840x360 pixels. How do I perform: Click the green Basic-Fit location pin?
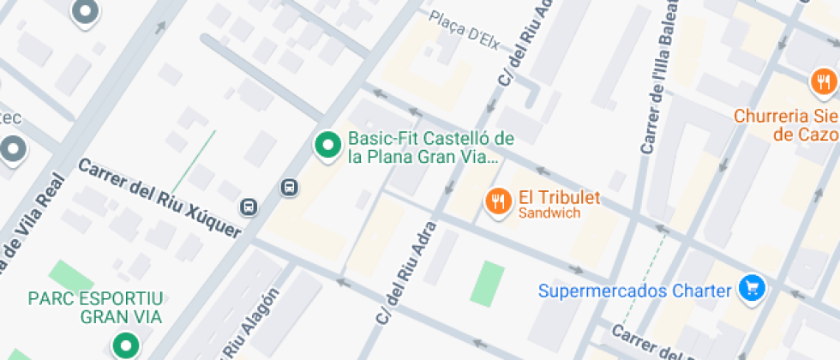pos(327,146)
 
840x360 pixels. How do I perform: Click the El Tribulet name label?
pos(559,198)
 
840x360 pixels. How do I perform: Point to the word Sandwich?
pos(549,213)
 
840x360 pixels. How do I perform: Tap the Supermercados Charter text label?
pos(635,291)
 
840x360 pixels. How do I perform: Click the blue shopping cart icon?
pos(752,289)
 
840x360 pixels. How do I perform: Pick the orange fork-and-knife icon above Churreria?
pos(823,82)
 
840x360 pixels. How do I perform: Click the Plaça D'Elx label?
pos(465,26)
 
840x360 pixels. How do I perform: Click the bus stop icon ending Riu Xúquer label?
pos(249,207)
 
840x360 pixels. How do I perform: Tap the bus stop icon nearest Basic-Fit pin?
pos(290,187)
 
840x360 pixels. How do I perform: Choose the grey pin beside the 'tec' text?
pos(13,148)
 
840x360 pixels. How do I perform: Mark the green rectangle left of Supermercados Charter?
pos(488,284)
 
